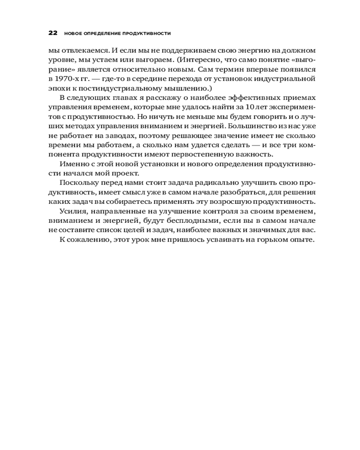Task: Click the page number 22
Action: (53, 33)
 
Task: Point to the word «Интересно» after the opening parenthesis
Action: (212, 60)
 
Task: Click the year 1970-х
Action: (67, 79)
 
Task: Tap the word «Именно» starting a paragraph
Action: (72, 165)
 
